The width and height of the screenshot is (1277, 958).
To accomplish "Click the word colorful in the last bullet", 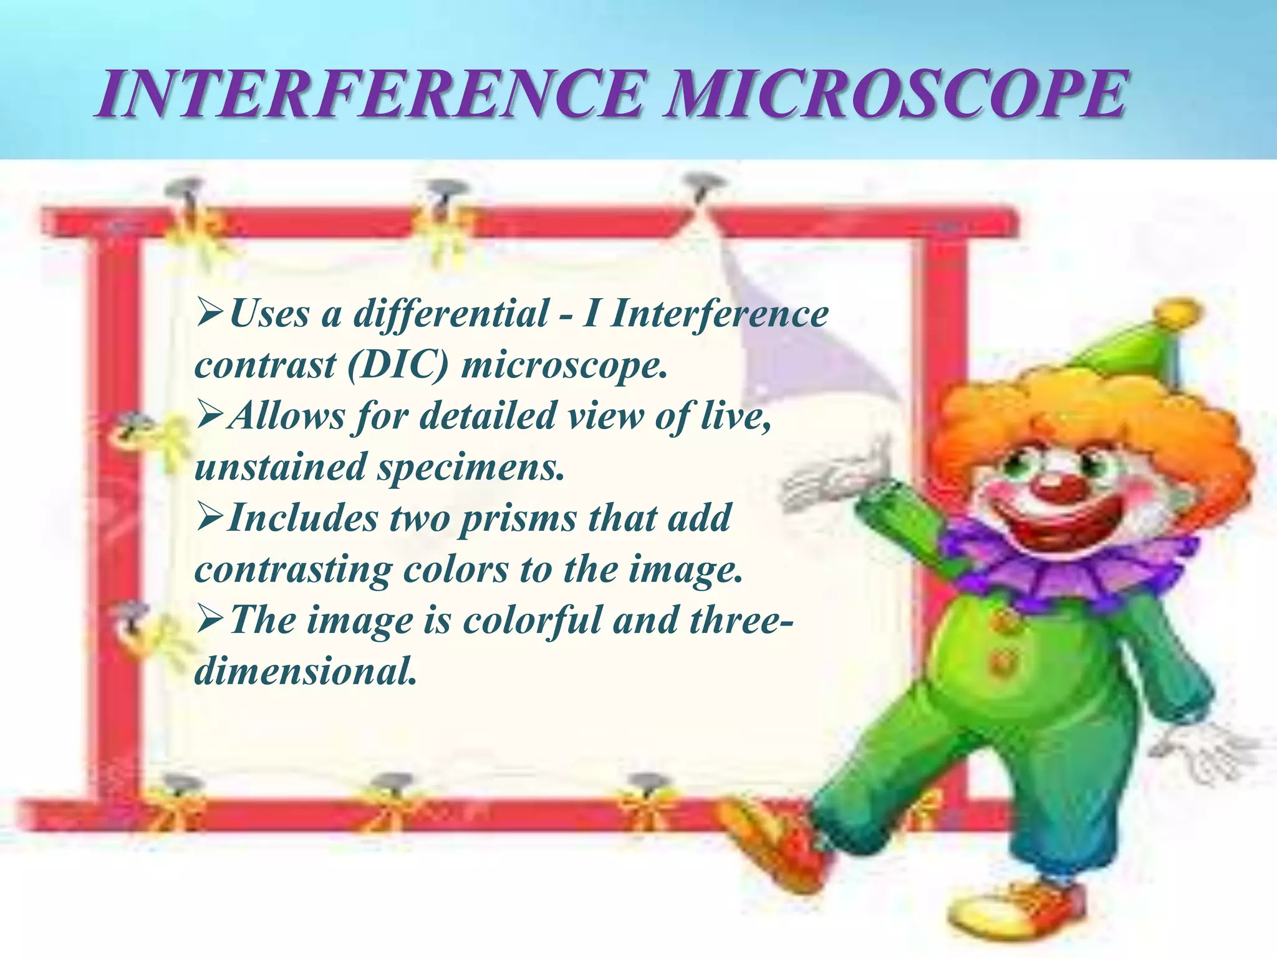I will [x=531, y=621].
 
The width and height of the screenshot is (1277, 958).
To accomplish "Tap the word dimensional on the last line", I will [x=305, y=672].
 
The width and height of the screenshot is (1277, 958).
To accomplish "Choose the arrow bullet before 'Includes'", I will [x=210, y=518].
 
